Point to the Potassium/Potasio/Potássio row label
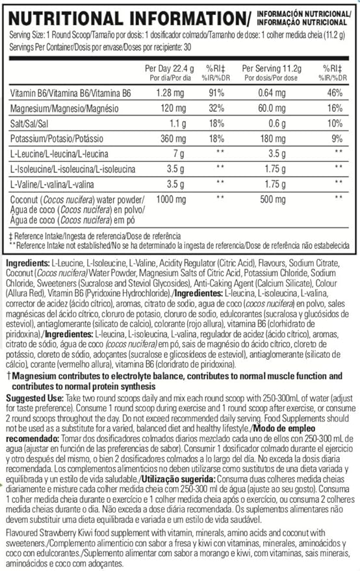(x=52, y=139)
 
